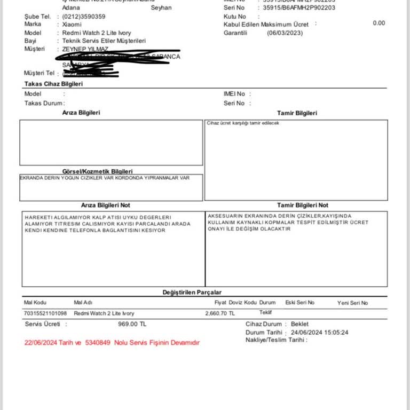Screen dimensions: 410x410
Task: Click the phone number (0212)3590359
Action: pyautogui.click(x=84, y=17)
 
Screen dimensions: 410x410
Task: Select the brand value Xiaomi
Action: pyautogui.click(x=72, y=25)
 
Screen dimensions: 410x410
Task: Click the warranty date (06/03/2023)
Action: pyautogui.click(x=285, y=33)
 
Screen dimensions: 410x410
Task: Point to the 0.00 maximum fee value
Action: pyautogui.click(x=379, y=23)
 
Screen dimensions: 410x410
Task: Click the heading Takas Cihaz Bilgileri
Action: pyautogui.click(x=53, y=84)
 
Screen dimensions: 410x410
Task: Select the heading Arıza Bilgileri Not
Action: pyautogui.click(x=105, y=205)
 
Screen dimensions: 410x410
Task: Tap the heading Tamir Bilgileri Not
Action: pyautogui.click(x=303, y=205)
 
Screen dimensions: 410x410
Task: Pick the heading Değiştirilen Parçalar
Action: pyautogui.click(x=192, y=292)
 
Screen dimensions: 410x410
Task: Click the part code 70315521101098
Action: pyautogui.click(x=46, y=313)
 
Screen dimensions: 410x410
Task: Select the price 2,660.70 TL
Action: pyautogui.click(x=219, y=313)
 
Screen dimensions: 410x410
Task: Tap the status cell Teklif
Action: pyautogui.click(x=266, y=312)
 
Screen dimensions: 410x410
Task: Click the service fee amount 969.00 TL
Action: pyautogui.click(x=132, y=324)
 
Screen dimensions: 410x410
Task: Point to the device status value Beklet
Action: pyautogui.click(x=299, y=324)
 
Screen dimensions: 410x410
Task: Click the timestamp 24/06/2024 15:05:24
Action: pyautogui.click(x=319, y=332)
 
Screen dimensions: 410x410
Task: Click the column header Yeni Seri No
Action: pyautogui.click(x=352, y=303)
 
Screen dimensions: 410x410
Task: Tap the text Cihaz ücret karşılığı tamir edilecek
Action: pyautogui.click(x=243, y=123)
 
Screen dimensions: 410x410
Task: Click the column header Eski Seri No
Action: pyautogui.click(x=300, y=302)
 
